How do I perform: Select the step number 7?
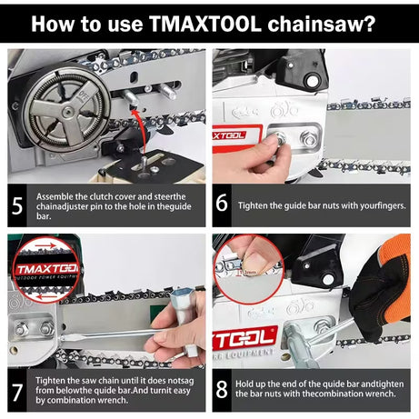(x=18, y=389)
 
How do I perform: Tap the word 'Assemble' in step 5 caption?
(x=55, y=195)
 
